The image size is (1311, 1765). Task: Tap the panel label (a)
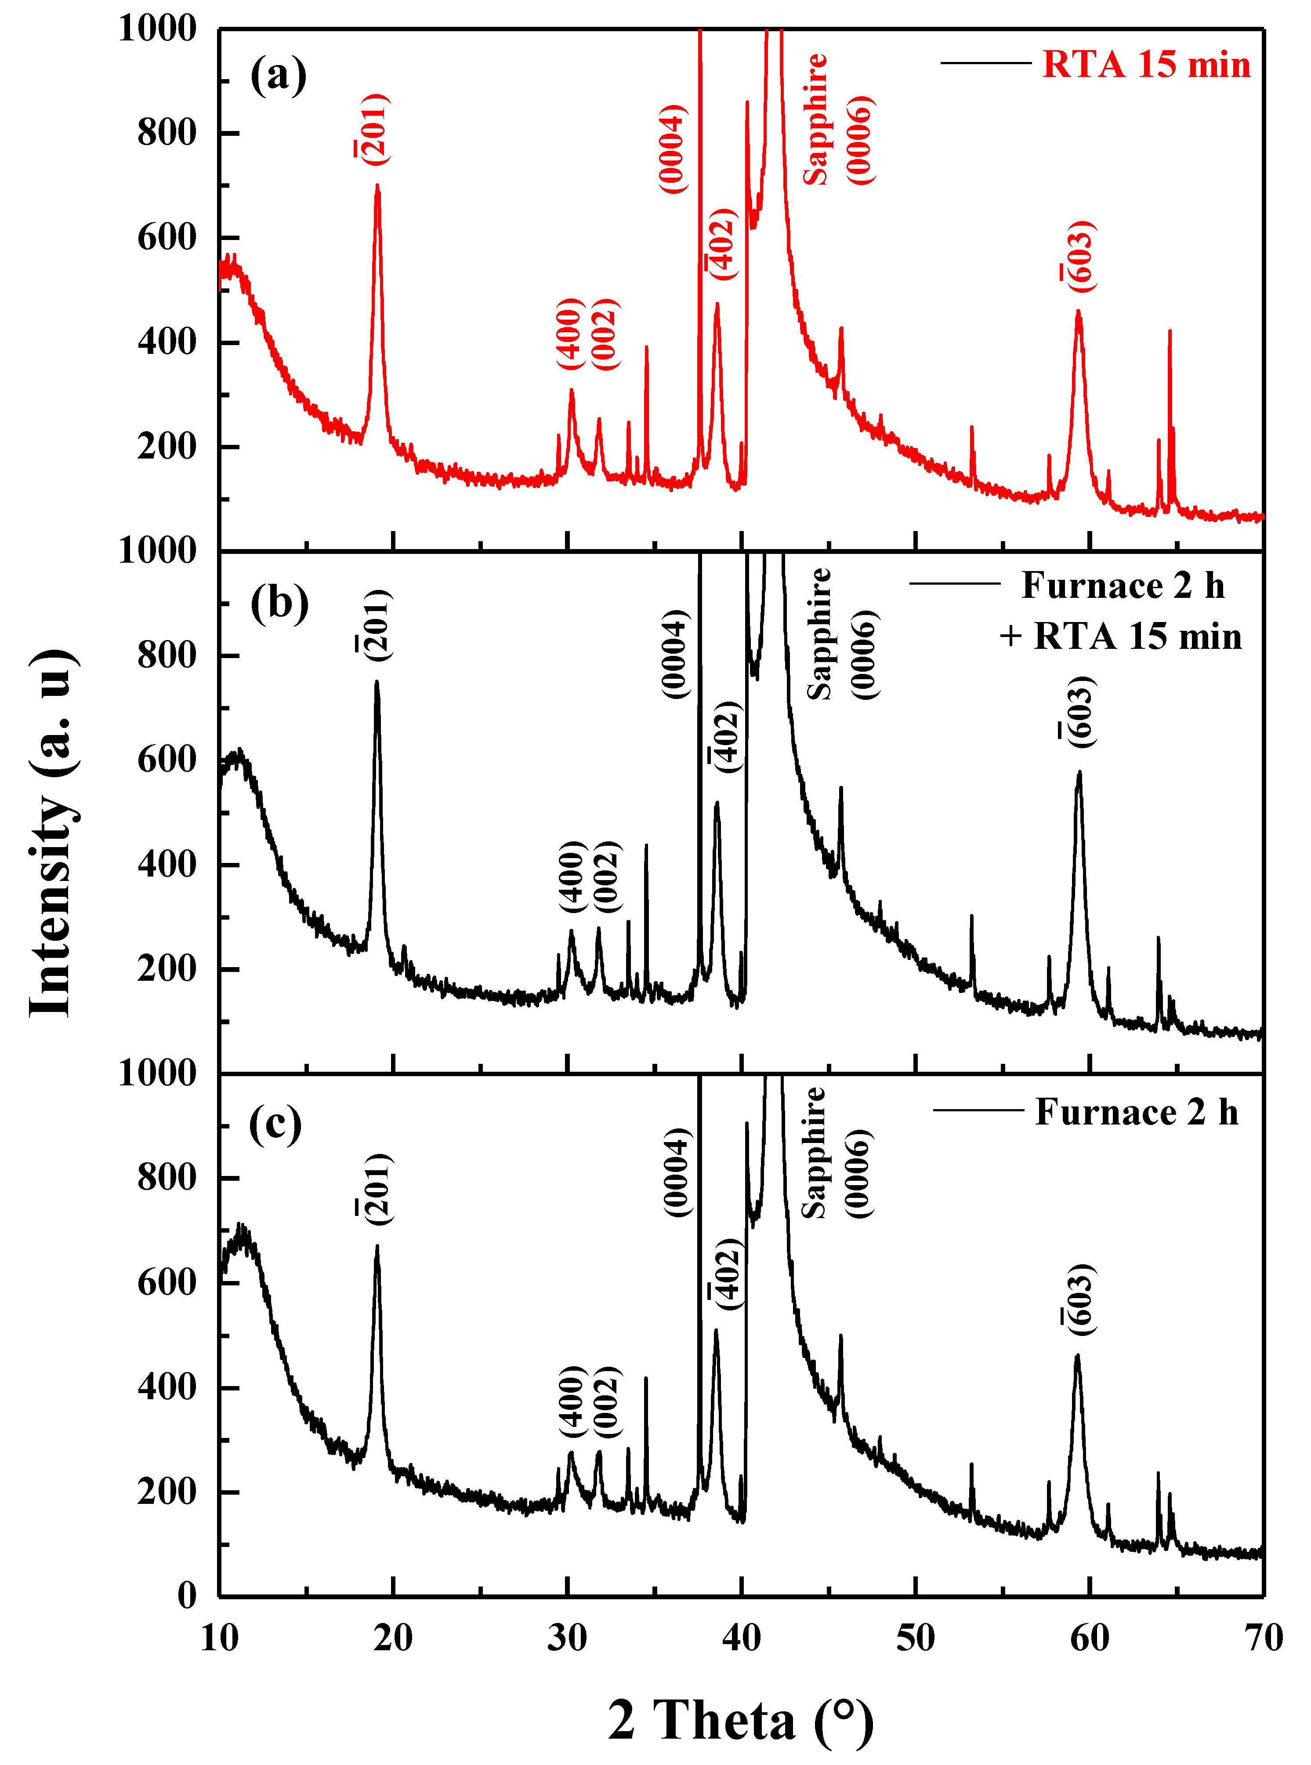pyautogui.click(x=278, y=76)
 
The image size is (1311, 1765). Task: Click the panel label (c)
pyautogui.click(x=275, y=1124)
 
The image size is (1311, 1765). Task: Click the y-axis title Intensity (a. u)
pyautogui.click(x=52, y=833)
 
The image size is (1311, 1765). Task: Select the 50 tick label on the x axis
pyautogui.click(x=915, y=1638)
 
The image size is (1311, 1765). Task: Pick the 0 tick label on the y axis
pyautogui.click(x=187, y=1596)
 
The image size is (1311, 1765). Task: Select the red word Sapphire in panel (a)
pyautogui.click(x=815, y=119)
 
